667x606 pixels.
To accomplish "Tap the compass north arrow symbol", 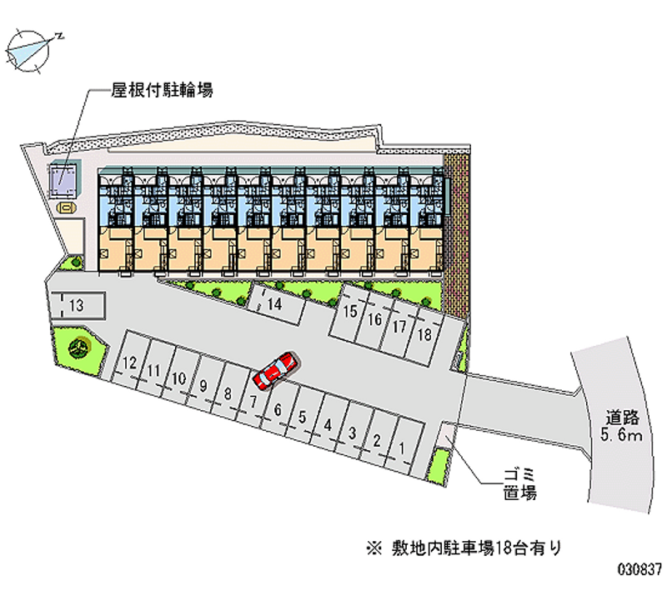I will (32, 49).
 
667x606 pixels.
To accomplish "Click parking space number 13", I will (77, 306).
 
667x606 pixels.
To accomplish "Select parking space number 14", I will (274, 304).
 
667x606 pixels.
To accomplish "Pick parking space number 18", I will (424, 335).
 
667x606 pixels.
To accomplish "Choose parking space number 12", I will (128, 364).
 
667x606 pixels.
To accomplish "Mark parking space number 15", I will (350, 313).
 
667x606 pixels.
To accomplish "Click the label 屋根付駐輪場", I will (163, 90).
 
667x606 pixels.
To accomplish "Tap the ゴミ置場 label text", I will (519, 484).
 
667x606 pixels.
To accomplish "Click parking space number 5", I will (304, 418).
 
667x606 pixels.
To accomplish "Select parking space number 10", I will (178, 378).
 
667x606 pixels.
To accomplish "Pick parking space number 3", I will (354, 433).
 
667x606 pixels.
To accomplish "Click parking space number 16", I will (375, 319).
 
